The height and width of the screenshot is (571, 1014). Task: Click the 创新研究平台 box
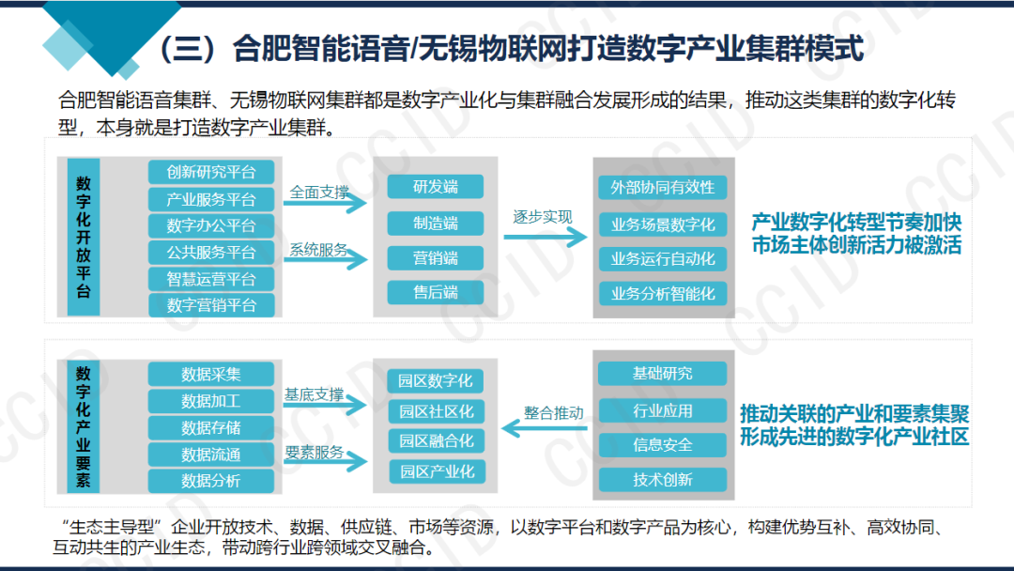pos(211,172)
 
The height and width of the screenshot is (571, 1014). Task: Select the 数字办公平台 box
pos(211,225)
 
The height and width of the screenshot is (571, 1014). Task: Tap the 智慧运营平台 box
pos(211,279)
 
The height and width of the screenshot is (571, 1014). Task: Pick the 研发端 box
pos(436,187)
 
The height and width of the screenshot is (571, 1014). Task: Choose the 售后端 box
pos(436,292)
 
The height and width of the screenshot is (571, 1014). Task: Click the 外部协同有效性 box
pos(662,188)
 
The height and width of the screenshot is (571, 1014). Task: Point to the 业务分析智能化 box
pos(662,294)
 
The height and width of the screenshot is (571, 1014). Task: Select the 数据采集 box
pos(211,375)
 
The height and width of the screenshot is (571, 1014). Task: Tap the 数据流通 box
pos(211,455)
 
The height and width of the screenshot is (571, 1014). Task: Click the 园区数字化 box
pos(436,381)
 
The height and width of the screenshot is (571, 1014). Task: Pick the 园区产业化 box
pos(437,471)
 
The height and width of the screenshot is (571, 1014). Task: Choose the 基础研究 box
pos(662,374)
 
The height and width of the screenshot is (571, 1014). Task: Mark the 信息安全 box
pos(662,445)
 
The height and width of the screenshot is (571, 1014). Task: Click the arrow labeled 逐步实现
pos(545,237)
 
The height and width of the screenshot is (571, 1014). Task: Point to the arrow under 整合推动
pos(544,428)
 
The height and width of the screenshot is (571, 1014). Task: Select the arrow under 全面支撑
pos(325,203)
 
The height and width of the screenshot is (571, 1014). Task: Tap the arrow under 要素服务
pos(325,461)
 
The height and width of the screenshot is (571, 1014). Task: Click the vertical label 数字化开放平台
pos(84,237)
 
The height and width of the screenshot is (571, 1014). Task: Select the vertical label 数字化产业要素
pos(84,426)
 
